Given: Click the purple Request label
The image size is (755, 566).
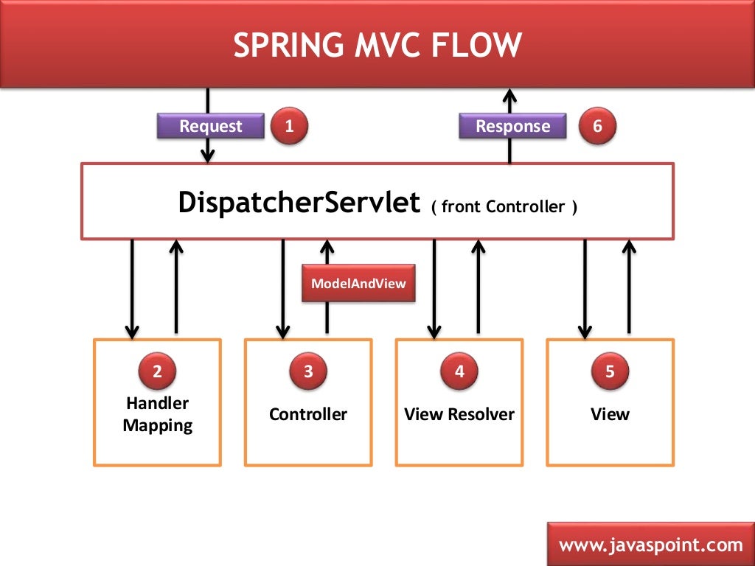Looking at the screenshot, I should (211, 126).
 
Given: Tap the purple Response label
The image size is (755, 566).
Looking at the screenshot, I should (512, 126).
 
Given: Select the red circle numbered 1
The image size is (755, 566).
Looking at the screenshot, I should (289, 126).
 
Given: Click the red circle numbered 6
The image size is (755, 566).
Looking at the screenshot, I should (597, 126).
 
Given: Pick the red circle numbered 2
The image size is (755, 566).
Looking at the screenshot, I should (157, 371).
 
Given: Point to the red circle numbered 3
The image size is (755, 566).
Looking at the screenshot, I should (308, 371).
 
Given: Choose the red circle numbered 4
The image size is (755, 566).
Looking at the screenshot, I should (459, 371).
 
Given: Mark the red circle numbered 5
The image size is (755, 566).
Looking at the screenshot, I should (610, 371).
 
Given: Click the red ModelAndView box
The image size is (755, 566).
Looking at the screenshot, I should (358, 283).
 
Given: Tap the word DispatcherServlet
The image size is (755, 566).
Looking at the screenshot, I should (299, 203).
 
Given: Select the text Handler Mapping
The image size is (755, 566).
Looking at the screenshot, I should (157, 414).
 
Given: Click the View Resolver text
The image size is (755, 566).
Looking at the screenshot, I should (459, 414).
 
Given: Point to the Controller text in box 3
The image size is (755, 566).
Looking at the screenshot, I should (308, 414).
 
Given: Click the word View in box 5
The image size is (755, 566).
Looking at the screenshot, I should (610, 414).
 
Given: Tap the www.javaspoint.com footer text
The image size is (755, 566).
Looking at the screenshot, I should (650, 545).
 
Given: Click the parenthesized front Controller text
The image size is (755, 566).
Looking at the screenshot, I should (504, 207).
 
